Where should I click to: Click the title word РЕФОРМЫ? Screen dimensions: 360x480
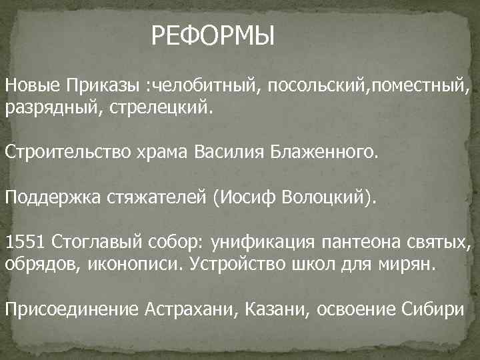(213, 34)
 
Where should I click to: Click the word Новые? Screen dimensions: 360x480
(32, 86)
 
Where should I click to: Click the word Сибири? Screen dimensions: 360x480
(435, 309)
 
